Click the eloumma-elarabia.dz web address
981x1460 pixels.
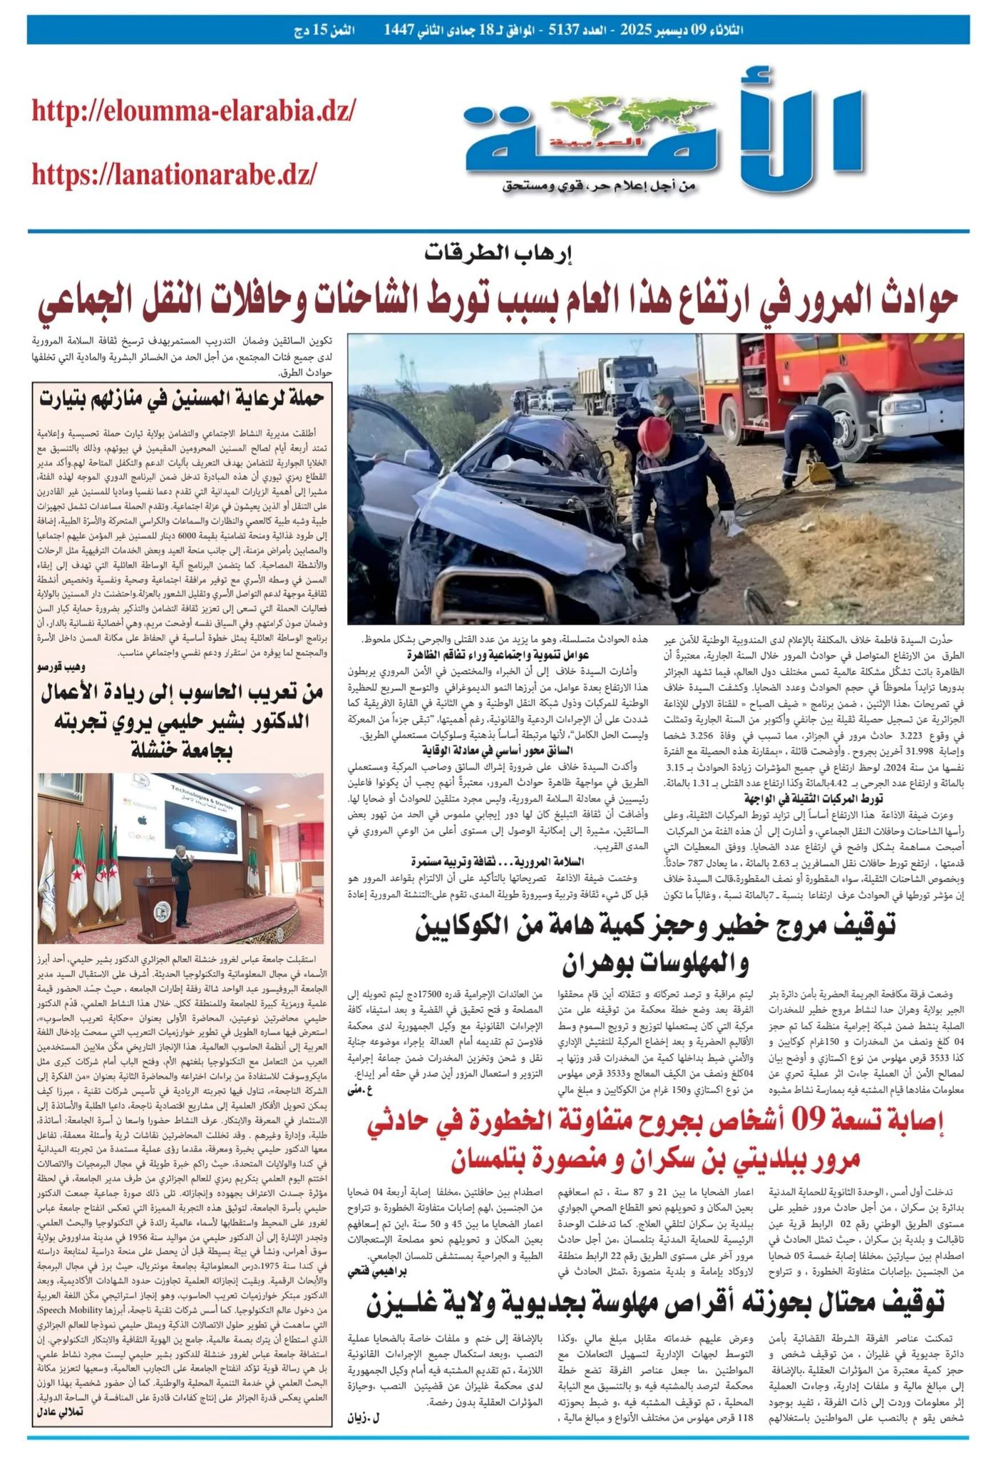pyautogui.click(x=193, y=111)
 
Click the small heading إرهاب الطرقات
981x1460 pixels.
pyautogui.click(x=498, y=253)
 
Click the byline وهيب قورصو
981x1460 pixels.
pyautogui.click(x=61, y=667)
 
